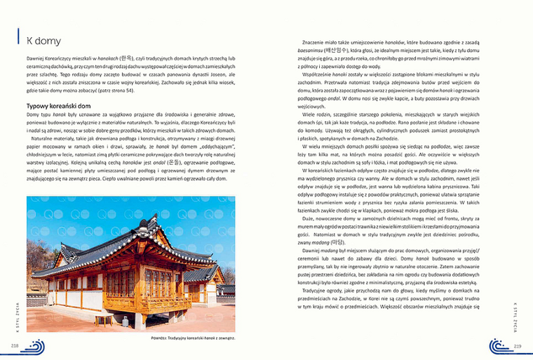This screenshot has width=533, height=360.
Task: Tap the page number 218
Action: tap(14, 346)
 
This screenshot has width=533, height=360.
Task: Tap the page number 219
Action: tap(518, 346)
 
